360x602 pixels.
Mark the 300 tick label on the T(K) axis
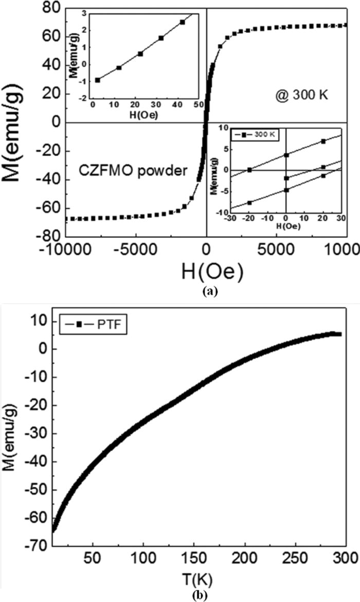click(x=346, y=560)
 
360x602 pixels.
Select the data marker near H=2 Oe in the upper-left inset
click(x=98, y=80)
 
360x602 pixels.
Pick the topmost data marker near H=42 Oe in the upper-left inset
click(x=182, y=22)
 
